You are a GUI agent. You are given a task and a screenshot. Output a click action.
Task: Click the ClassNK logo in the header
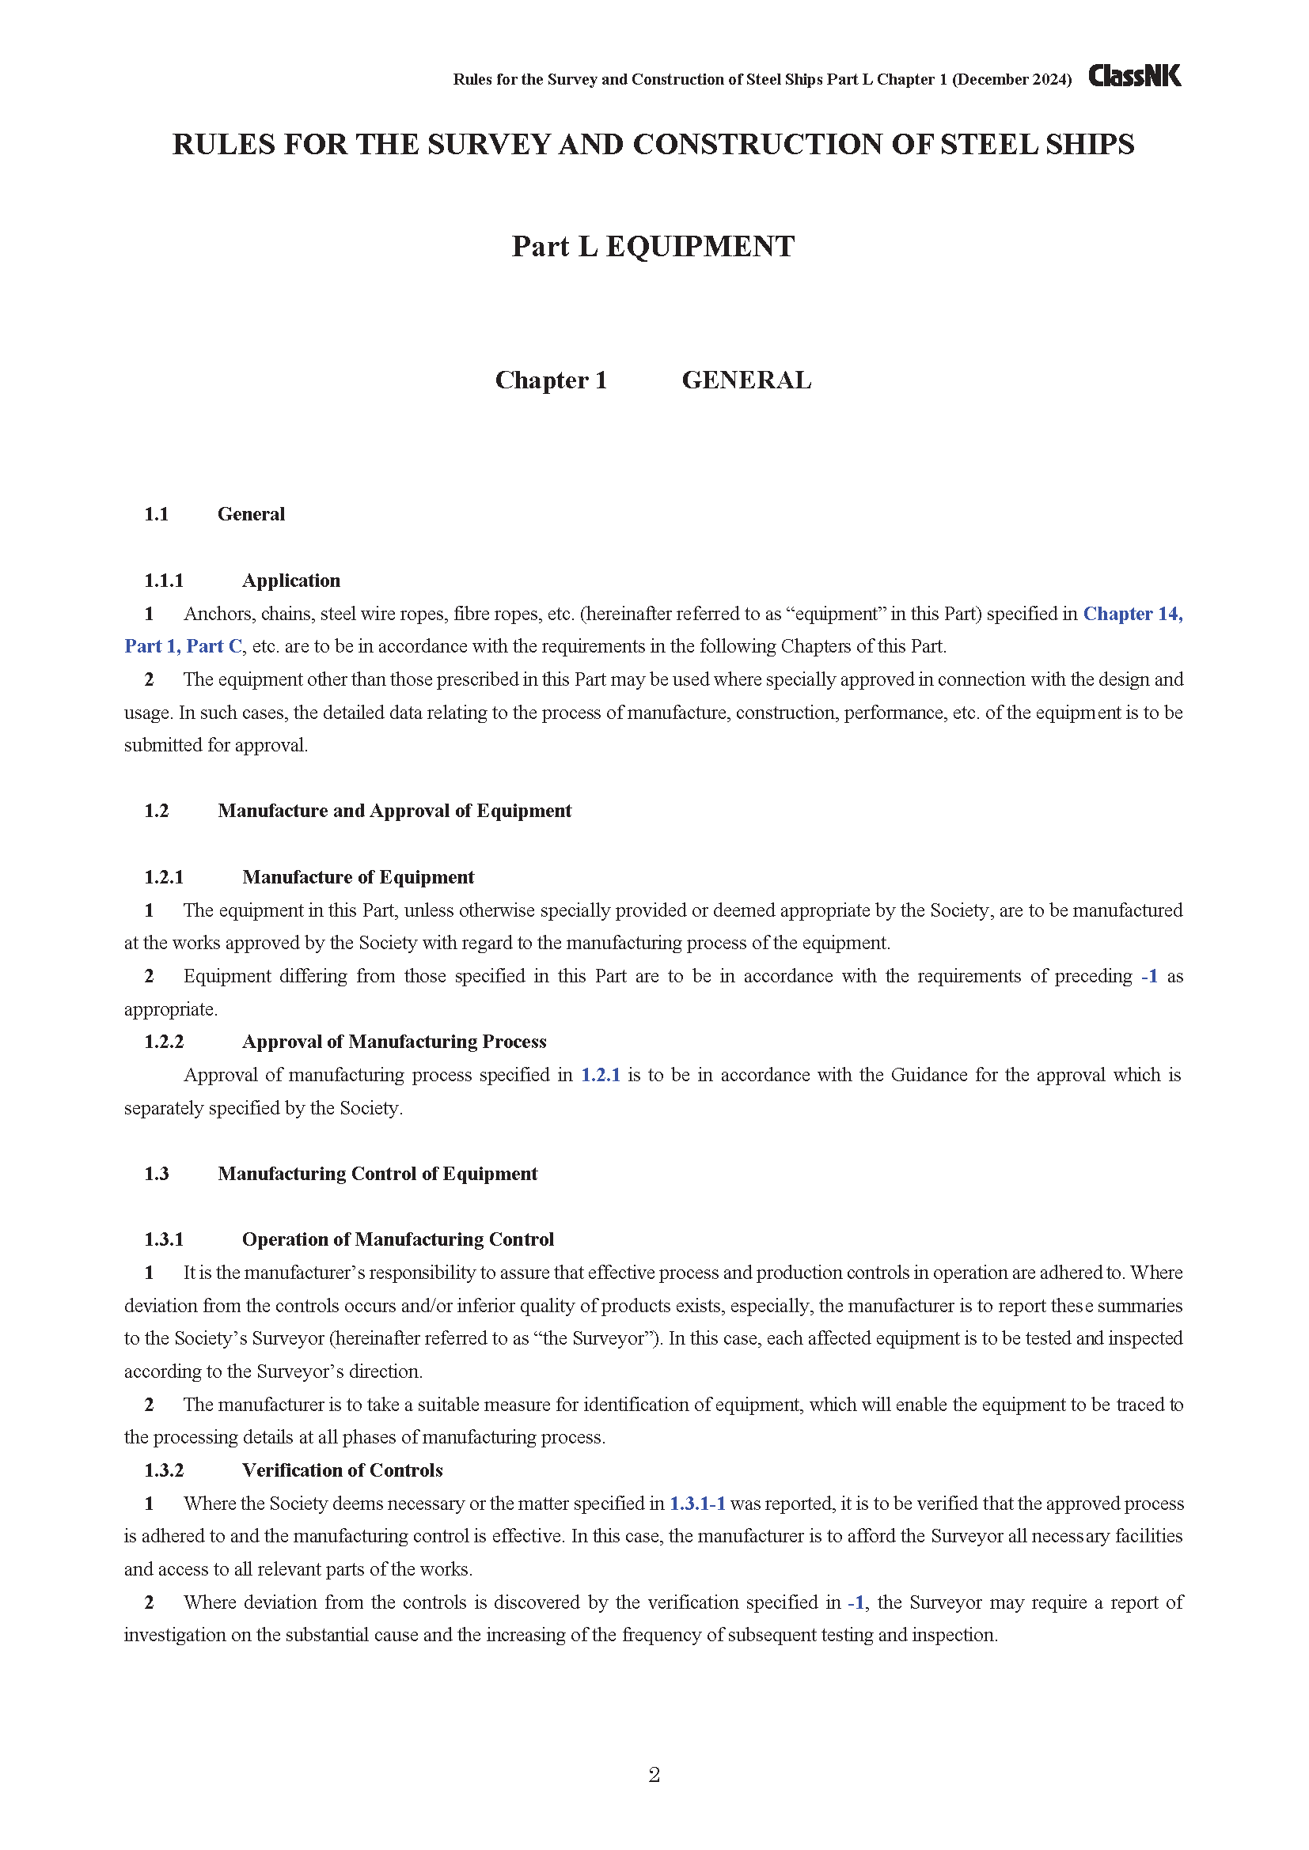click(1134, 76)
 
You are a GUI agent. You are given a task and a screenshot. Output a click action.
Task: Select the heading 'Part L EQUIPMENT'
click(653, 247)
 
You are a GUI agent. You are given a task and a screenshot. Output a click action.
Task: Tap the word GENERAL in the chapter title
click(746, 380)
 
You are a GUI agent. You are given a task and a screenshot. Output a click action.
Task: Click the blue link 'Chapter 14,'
click(1133, 614)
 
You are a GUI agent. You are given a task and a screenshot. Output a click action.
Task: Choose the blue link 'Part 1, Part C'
click(183, 646)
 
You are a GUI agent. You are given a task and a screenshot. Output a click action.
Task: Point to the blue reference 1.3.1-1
click(697, 1504)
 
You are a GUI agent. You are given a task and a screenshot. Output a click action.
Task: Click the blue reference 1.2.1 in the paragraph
click(601, 1075)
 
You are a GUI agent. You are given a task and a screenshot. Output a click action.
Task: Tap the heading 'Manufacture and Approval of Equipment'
click(394, 811)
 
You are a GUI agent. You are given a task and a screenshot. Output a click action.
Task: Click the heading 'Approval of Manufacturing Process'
click(394, 1042)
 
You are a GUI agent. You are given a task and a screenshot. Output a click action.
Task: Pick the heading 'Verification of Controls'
click(343, 1470)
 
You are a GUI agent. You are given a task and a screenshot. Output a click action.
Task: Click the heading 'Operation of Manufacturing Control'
click(398, 1239)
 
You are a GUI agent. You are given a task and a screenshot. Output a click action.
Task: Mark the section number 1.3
click(157, 1174)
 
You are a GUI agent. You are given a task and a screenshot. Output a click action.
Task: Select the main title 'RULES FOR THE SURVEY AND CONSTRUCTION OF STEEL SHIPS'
click(653, 145)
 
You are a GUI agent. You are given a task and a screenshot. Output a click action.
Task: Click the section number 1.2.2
click(164, 1042)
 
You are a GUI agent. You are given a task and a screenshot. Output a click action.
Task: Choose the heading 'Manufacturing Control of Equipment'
click(378, 1174)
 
